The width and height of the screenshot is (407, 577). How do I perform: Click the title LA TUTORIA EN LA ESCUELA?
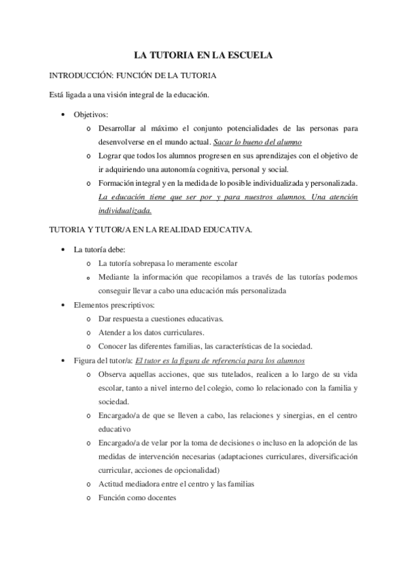(203, 56)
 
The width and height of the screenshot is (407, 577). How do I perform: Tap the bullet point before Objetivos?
(63, 115)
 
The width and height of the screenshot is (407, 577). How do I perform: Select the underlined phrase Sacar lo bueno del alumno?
(258, 142)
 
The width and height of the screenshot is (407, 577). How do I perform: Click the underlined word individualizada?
(126, 210)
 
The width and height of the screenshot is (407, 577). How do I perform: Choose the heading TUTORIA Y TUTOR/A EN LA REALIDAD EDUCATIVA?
(151, 230)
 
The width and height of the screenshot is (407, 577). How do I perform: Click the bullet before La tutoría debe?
(63, 250)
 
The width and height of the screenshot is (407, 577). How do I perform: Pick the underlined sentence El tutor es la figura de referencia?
(220, 360)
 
